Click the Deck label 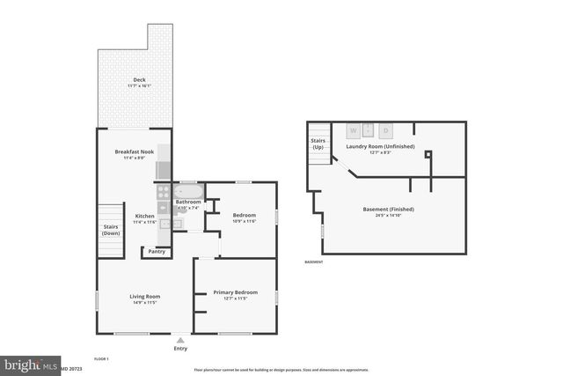pyautogui.click(x=140, y=80)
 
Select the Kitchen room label pyautogui.click(x=144, y=216)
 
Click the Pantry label pyautogui.click(x=157, y=252)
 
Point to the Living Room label pyautogui.click(x=144, y=297)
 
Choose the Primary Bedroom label pyautogui.click(x=235, y=291)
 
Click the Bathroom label pyautogui.click(x=188, y=203)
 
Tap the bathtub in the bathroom pyautogui.click(x=189, y=191)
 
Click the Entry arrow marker pyautogui.click(x=180, y=338)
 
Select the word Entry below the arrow pyautogui.click(x=180, y=348)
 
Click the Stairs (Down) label pyautogui.click(x=111, y=229)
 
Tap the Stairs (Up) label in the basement pyautogui.click(x=318, y=143)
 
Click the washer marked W pyautogui.click(x=354, y=130)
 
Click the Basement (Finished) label pyautogui.click(x=388, y=209)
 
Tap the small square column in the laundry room pyautogui.click(x=428, y=155)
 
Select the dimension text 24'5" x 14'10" pyautogui.click(x=388, y=215)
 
